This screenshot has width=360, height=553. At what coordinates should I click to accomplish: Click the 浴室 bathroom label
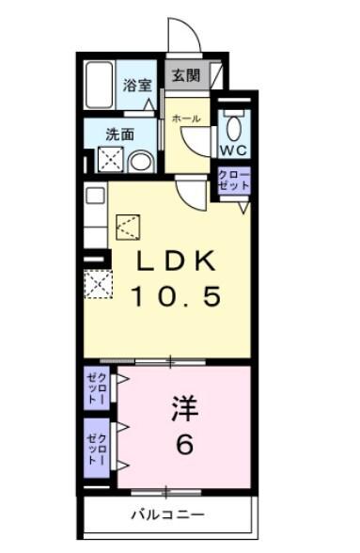tap(137, 85)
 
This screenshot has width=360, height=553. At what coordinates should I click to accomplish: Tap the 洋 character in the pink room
tap(186, 409)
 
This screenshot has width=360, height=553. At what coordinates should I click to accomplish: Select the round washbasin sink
tap(140, 162)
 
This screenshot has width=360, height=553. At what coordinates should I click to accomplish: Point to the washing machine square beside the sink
tap(109, 161)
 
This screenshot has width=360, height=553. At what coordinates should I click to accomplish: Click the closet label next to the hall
tap(231, 180)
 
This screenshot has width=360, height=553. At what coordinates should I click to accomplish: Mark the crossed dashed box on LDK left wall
tap(97, 283)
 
